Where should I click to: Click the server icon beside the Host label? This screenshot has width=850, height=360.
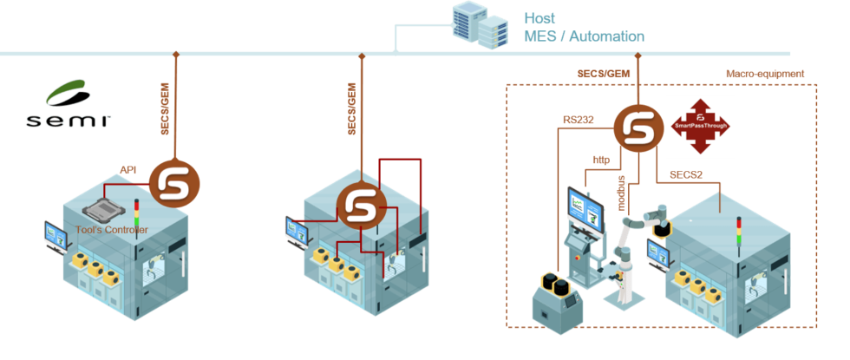click(480, 24)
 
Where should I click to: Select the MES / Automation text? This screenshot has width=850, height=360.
click(583, 36)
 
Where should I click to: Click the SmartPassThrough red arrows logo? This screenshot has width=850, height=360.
click(700, 127)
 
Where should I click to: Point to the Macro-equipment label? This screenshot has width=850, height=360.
click(765, 74)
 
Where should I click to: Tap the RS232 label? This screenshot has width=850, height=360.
click(578, 120)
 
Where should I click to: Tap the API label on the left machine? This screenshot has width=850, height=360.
click(127, 171)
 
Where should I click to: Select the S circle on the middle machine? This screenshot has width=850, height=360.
click(360, 206)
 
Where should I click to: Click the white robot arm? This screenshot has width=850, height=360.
click(633, 252)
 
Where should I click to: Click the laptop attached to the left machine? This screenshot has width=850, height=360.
click(56, 233)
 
